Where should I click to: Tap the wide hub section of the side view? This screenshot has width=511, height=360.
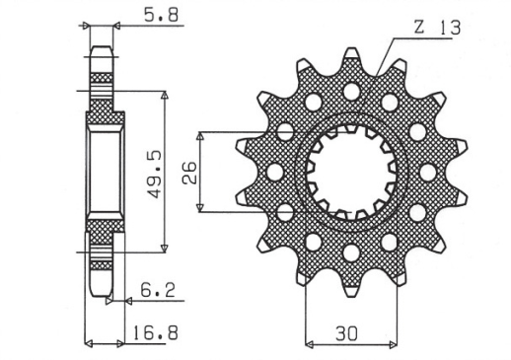point(105,173)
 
